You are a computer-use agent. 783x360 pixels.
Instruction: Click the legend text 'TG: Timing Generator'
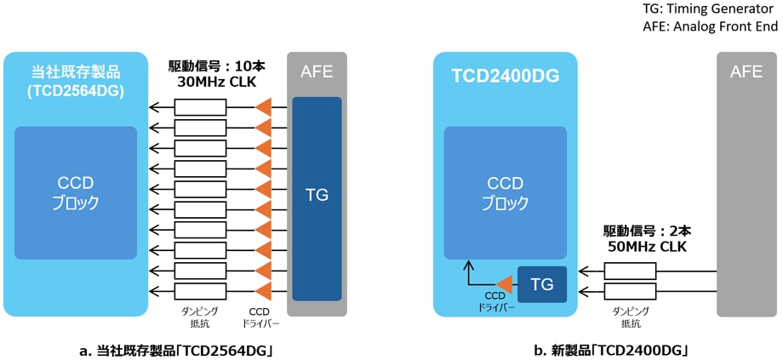coord(710,9)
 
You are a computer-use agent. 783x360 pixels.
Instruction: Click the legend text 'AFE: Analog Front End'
coord(710,27)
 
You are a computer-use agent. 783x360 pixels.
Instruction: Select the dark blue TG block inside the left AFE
coord(317,195)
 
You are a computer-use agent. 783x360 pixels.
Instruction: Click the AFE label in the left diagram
coord(317,72)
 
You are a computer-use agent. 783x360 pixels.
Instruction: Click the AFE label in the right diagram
coord(746,72)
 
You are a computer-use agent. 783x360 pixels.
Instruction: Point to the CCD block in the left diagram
coord(76,193)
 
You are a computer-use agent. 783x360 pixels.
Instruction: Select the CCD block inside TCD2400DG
coord(506,193)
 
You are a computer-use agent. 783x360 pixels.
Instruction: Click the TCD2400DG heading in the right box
coord(506,77)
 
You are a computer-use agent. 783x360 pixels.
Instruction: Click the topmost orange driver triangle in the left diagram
coord(264,107)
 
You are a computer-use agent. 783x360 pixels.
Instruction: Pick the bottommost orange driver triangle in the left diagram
coord(264,291)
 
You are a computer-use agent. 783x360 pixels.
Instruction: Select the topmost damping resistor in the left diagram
coord(200,107)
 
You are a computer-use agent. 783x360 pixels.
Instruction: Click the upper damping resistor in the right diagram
coord(630,271)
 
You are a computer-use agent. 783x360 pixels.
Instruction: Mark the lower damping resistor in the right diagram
coord(630,292)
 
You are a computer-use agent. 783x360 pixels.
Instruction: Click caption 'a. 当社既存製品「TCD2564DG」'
coord(175,350)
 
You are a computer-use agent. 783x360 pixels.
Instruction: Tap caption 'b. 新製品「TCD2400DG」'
coord(610,350)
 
